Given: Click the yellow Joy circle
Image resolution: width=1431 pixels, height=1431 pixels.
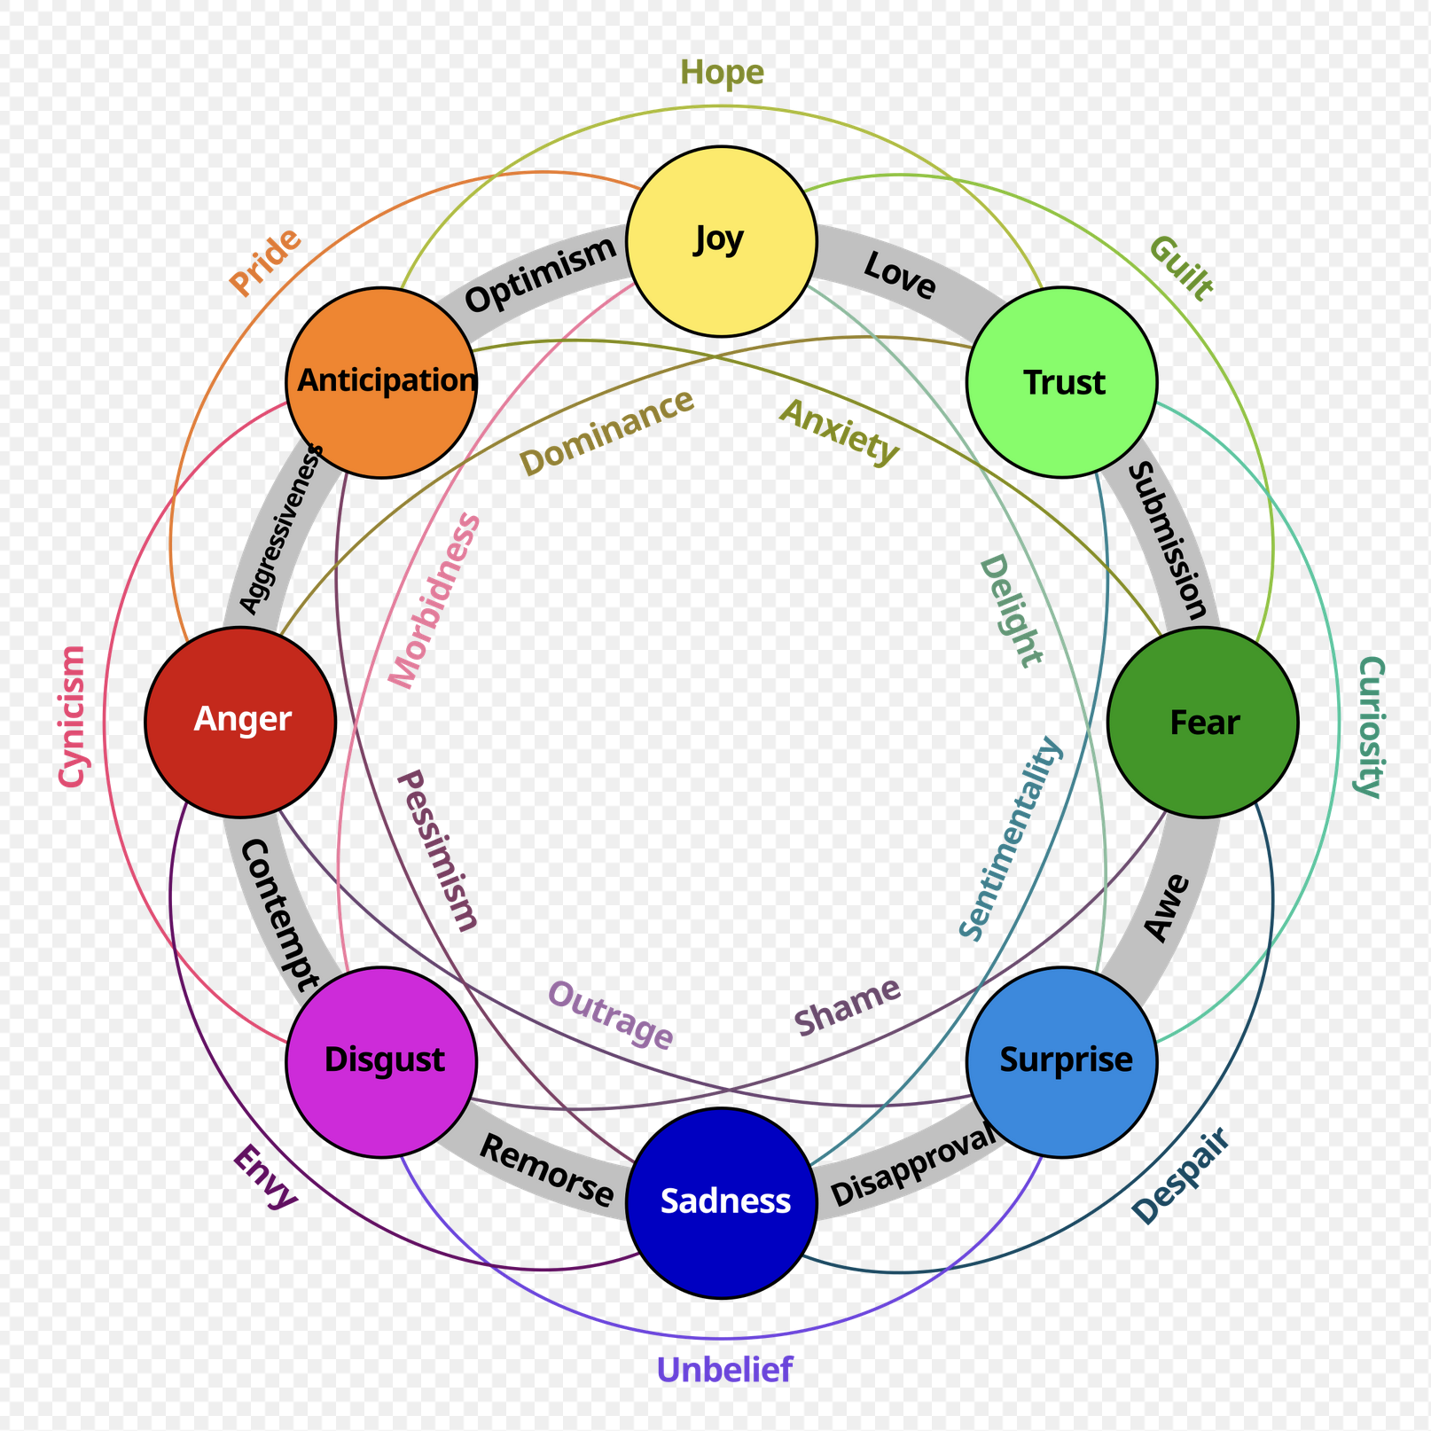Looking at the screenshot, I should click(721, 241).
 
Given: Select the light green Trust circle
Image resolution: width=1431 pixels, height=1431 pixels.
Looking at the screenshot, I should click(1061, 382).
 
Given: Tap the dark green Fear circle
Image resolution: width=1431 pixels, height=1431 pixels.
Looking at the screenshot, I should click(1202, 722).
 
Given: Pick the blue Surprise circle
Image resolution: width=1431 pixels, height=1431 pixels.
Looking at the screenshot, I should click(1061, 1061).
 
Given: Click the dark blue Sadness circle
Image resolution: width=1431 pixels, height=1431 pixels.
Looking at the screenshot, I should click(721, 1202).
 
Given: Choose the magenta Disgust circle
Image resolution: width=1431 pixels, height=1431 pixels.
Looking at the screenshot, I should click(381, 1061).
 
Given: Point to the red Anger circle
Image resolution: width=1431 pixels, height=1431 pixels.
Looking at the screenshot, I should click(240, 722).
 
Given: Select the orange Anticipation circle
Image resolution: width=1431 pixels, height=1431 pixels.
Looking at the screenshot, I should click(381, 382).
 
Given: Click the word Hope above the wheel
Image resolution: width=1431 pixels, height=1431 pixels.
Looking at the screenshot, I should click(722, 73).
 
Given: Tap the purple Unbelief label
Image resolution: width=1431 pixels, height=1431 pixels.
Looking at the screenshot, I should click(724, 1370).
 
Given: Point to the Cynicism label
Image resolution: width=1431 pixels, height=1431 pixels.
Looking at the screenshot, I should click(72, 716).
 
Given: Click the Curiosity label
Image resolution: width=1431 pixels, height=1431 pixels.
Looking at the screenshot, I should click(1370, 727).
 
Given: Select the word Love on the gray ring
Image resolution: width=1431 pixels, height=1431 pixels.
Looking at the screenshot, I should click(899, 276).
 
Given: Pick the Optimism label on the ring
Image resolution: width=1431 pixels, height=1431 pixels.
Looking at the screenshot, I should click(540, 275).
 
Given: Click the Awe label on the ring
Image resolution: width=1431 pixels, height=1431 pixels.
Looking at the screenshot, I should click(1167, 906).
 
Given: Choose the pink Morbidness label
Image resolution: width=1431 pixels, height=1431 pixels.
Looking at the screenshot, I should click(435, 600).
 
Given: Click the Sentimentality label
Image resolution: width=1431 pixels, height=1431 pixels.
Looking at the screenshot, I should click(1010, 838).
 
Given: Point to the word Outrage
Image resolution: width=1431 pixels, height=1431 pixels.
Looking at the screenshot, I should click(611, 1015).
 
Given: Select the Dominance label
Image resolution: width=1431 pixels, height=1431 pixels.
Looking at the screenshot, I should click(606, 433).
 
